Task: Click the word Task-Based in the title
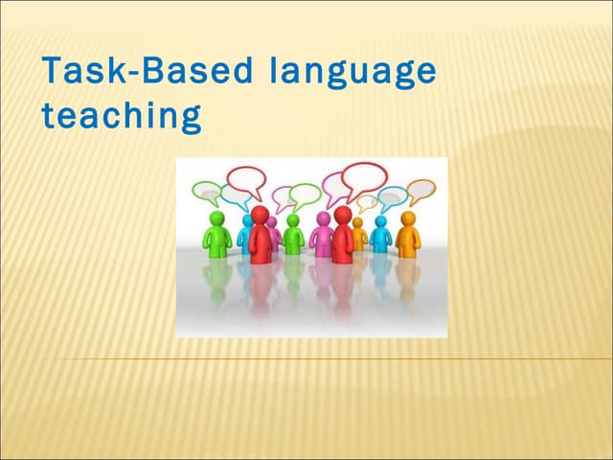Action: [x=148, y=73]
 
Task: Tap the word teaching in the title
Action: [x=121, y=117]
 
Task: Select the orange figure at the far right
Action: [x=408, y=236]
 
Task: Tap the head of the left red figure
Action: [x=260, y=213]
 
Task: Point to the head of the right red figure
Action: [x=342, y=213]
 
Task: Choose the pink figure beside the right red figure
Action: [x=323, y=235]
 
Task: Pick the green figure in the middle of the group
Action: [x=293, y=235]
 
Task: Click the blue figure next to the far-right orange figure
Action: [x=380, y=235]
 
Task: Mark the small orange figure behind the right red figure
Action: [x=359, y=234]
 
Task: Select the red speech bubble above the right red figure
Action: [x=364, y=178]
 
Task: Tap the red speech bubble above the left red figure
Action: [x=246, y=179]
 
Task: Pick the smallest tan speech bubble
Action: [x=367, y=203]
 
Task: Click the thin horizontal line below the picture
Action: [x=306, y=358]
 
